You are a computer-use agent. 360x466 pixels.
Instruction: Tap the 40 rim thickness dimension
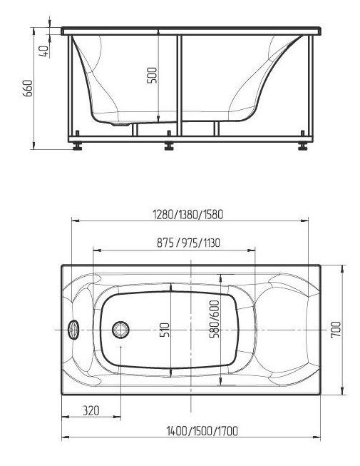click(44, 51)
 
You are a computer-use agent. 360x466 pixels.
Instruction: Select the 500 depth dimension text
click(152, 75)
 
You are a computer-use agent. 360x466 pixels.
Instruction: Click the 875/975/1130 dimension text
click(188, 243)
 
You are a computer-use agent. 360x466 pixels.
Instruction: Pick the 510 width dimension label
click(165, 329)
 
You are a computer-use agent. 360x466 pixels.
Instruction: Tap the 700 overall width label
click(336, 329)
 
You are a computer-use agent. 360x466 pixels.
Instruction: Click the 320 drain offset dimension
click(91, 410)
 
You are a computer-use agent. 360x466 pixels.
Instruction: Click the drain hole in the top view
click(121, 330)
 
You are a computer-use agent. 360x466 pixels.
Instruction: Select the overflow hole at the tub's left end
click(73, 330)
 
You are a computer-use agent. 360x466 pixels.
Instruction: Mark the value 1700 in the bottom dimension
click(227, 430)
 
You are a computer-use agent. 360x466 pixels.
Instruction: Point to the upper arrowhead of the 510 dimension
click(173, 288)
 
